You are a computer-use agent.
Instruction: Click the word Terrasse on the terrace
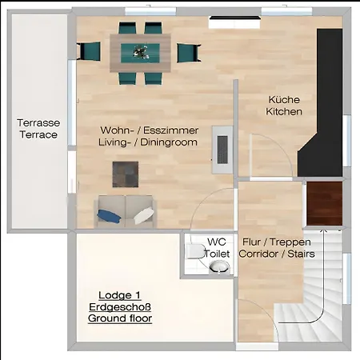point(38,122)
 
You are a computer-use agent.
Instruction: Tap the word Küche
point(284,99)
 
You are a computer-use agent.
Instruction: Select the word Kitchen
point(284,111)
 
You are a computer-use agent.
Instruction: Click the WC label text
point(217,242)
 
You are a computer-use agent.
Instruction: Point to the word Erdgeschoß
point(120,307)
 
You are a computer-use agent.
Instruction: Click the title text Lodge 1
point(120,295)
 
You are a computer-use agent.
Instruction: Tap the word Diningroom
point(169,142)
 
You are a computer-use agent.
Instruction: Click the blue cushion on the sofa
point(109,216)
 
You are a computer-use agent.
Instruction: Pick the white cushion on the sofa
point(144,216)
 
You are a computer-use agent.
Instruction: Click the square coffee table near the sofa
point(126,174)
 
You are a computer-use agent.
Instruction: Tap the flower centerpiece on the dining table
point(141,52)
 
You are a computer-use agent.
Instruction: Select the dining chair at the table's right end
point(189,53)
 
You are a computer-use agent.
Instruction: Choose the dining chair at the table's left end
point(89,51)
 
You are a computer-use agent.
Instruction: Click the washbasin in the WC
point(219,267)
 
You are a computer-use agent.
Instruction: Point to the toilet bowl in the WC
point(195,251)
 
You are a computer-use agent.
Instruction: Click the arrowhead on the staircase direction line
point(324,231)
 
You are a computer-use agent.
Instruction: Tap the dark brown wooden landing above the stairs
point(324,203)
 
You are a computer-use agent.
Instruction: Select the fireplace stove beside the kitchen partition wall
point(222,150)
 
